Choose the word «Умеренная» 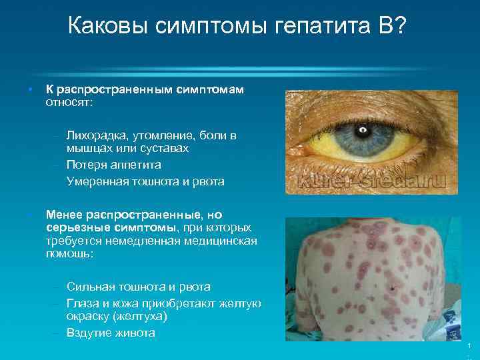click(x=97, y=181)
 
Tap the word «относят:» click(x=69, y=103)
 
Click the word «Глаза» click(x=83, y=303)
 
